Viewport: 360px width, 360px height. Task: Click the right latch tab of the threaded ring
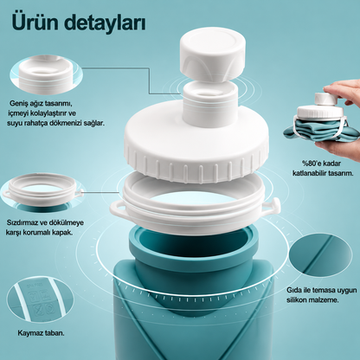[273, 206]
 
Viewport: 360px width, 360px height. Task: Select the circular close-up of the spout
[46, 75]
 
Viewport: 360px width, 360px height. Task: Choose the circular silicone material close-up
[320, 256]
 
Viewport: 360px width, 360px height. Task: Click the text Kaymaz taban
[41, 333]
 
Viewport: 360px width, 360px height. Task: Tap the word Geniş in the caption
[17, 103]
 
